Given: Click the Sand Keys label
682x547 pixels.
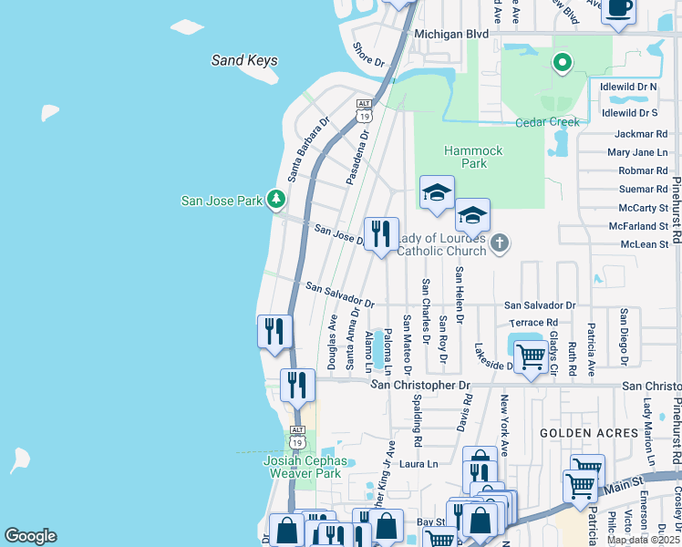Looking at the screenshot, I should click(244, 61).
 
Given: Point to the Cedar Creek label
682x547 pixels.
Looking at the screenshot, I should click(547, 122).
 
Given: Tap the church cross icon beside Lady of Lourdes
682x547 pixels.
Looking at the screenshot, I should click(498, 243).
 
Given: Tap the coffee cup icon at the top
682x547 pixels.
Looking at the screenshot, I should click(619, 9).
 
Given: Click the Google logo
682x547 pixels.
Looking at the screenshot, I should click(30, 536).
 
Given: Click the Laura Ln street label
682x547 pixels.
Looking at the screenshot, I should click(419, 464).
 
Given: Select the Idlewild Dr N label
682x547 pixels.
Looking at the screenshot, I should click(629, 87).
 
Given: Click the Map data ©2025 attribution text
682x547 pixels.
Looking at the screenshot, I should click(644, 540).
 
